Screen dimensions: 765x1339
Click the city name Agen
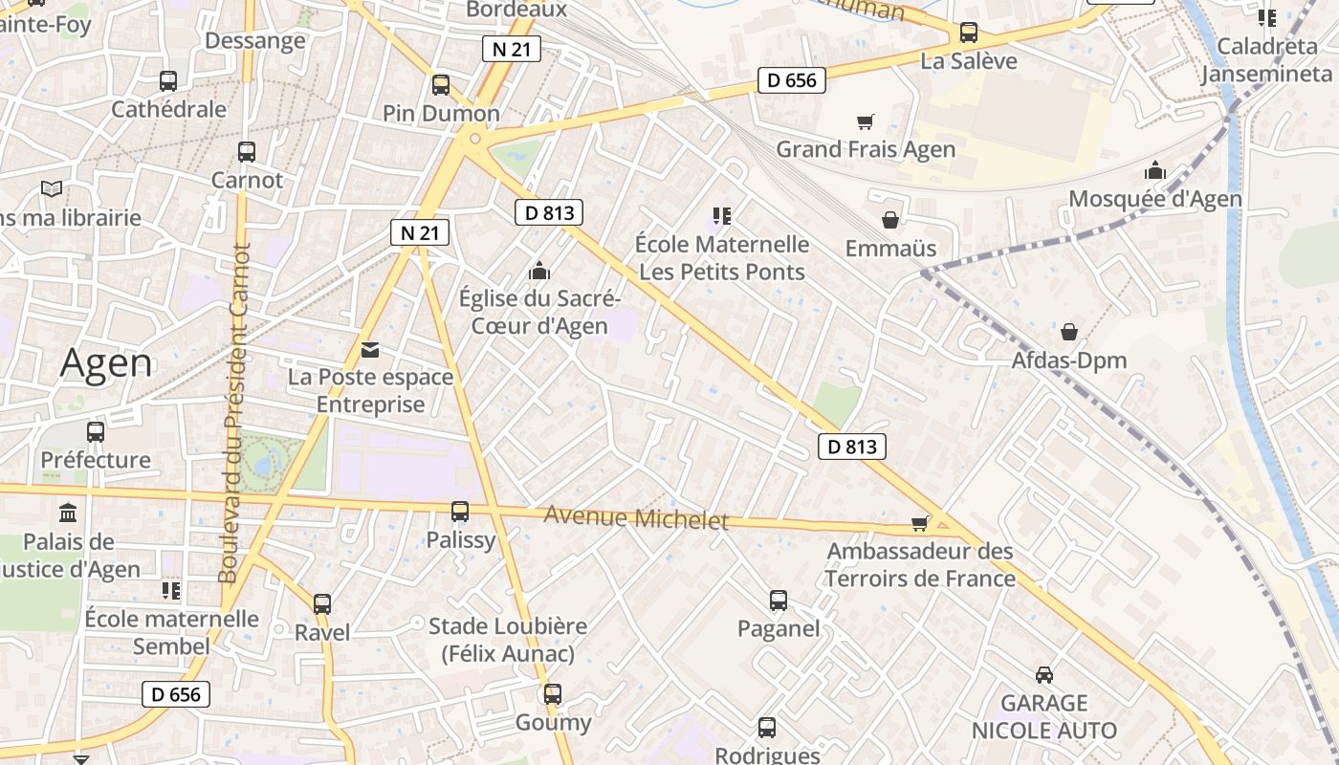[106, 363]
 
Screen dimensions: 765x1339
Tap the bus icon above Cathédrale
[168, 80]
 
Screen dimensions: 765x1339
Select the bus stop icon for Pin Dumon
[441, 84]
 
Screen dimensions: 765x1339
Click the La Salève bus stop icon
[968, 33]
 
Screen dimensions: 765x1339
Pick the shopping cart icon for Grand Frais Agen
[865, 121]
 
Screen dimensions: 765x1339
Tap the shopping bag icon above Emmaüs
[890, 220]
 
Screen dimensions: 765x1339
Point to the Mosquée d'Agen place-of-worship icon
[1154, 171]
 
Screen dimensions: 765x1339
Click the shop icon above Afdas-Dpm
[1068, 332]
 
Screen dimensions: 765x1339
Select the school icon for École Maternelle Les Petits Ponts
[721, 216]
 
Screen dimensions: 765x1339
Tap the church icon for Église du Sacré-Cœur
[539, 271]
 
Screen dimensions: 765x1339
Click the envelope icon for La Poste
[370, 349]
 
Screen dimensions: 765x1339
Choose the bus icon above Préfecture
[96, 431]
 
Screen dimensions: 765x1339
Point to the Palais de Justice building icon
[68, 514]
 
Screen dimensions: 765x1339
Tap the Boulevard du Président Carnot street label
[234, 413]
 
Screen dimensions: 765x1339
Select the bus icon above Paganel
[779, 601]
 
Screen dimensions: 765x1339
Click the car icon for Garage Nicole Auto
[1044, 674]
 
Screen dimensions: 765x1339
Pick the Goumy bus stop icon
[553, 693]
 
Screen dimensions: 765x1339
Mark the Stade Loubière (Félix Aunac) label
[507, 640]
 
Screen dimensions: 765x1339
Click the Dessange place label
[255, 40]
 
